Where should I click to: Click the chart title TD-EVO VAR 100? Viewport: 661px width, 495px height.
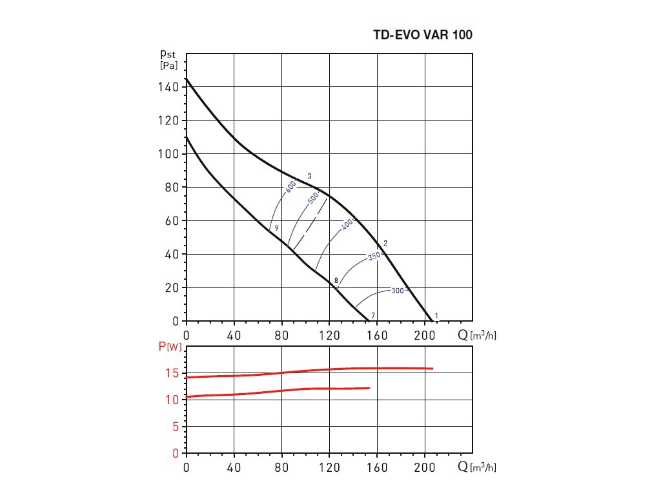click(x=423, y=35)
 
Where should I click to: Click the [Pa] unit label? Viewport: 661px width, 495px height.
click(x=168, y=66)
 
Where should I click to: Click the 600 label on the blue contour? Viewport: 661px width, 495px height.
click(x=291, y=187)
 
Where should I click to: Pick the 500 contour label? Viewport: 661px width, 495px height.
click(x=314, y=199)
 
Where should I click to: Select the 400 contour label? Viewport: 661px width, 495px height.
click(x=348, y=224)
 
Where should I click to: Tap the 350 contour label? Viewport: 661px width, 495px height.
click(x=374, y=257)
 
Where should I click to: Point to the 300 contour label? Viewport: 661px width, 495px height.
click(x=397, y=291)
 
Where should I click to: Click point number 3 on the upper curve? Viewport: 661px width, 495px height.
click(x=310, y=176)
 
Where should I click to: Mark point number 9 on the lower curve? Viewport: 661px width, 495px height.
click(x=276, y=228)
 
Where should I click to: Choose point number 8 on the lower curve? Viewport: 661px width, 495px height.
click(x=336, y=280)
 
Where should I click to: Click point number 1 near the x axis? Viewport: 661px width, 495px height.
click(x=437, y=315)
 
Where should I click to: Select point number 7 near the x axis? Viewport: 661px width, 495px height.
click(x=373, y=315)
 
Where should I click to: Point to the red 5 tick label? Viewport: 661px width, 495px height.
click(x=176, y=427)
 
